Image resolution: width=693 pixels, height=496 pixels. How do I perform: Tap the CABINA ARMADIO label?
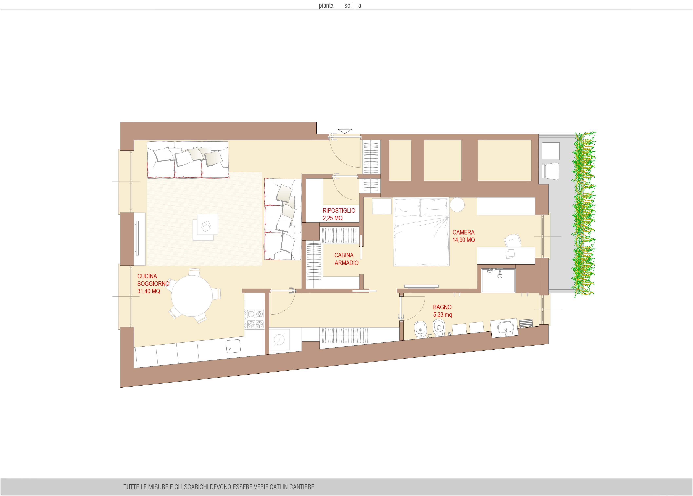pos(346,259)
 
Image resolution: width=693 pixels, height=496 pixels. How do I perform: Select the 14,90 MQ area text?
pos(464,240)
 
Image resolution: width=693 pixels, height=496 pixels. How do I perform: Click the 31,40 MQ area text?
pos(149,291)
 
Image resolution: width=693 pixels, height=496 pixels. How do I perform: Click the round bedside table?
pos(457,205)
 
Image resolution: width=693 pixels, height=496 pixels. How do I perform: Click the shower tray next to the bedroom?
pos(498,280)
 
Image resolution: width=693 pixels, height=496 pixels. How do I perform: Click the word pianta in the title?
pos(326,5)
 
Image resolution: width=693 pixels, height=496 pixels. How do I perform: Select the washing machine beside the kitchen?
pos(279,339)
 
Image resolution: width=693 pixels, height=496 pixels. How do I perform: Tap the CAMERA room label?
pos(464,232)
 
